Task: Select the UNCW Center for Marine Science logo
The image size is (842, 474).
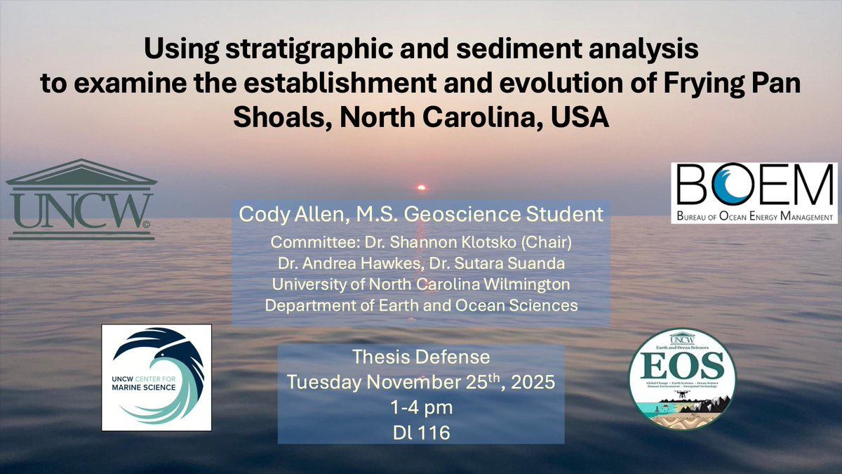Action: point(156,377)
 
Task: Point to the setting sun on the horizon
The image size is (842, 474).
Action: point(422,187)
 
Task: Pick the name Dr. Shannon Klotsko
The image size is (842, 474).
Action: point(482,243)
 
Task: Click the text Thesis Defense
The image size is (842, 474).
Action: point(420,357)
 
